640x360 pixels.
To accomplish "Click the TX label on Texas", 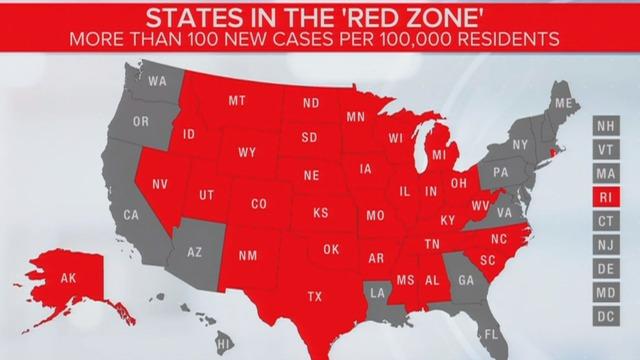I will click(315, 296).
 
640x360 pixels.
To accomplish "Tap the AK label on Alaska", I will click(68, 279).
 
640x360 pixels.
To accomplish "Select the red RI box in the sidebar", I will click(606, 196).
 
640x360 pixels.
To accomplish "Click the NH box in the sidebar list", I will click(606, 127).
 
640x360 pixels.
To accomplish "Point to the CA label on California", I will click(131, 214).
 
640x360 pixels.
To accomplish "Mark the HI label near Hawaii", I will click(227, 343).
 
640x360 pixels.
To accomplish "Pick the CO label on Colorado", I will click(258, 204).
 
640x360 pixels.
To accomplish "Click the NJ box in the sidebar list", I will click(606, 243).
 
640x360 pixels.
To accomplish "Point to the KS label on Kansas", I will click(320, 214).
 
